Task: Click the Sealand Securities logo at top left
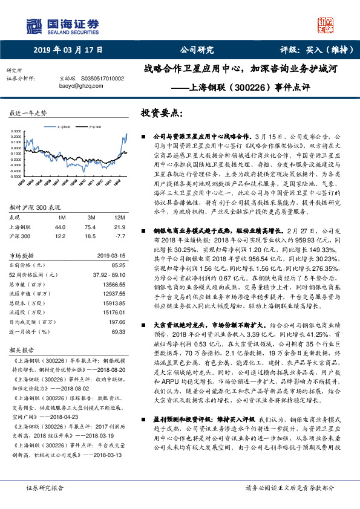click(x=61, y=25)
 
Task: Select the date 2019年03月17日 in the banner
click(x=67, y=50)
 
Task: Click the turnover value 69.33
click(x=118, y=331)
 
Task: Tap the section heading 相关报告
click(x=22, y=350)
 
